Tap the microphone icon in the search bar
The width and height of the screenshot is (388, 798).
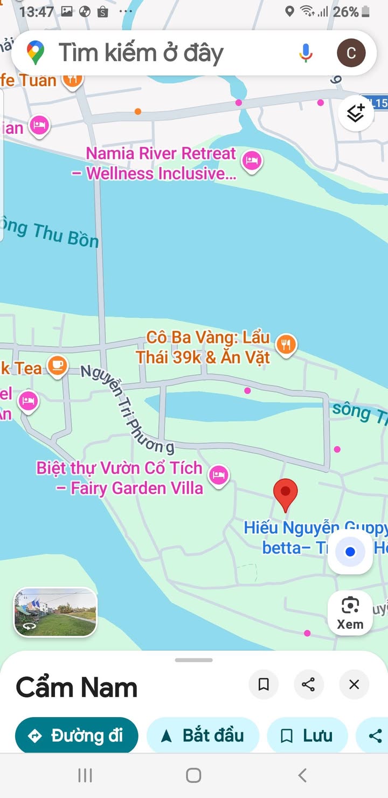click(x=306, y=52)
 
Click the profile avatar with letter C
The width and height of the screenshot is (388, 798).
click(x=351, y=52)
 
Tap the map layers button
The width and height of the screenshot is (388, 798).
click(x=356, y=113)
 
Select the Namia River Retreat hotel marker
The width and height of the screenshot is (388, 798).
click(x=251, y=161)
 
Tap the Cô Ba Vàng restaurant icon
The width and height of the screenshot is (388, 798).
click(x=286, y=344)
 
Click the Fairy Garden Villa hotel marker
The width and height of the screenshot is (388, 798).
click(x=218, y=475)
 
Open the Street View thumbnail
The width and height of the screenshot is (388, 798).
click(x=55, y=612)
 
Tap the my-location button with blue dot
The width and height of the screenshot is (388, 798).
click(x=350, y=552)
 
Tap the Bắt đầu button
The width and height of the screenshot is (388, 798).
click(x=203, y=735)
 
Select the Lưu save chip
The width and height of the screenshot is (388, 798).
click(x=307, y=735)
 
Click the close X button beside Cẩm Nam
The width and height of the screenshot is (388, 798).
click(x=354, y=684)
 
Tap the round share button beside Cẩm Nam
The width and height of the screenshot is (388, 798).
click(x=308, y=684)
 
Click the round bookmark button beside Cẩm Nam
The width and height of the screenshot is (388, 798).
click(x=264, y=684)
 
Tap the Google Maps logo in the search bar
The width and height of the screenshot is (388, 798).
click(x=36, y=52)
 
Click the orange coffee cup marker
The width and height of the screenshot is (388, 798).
click(x=57, y=366)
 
